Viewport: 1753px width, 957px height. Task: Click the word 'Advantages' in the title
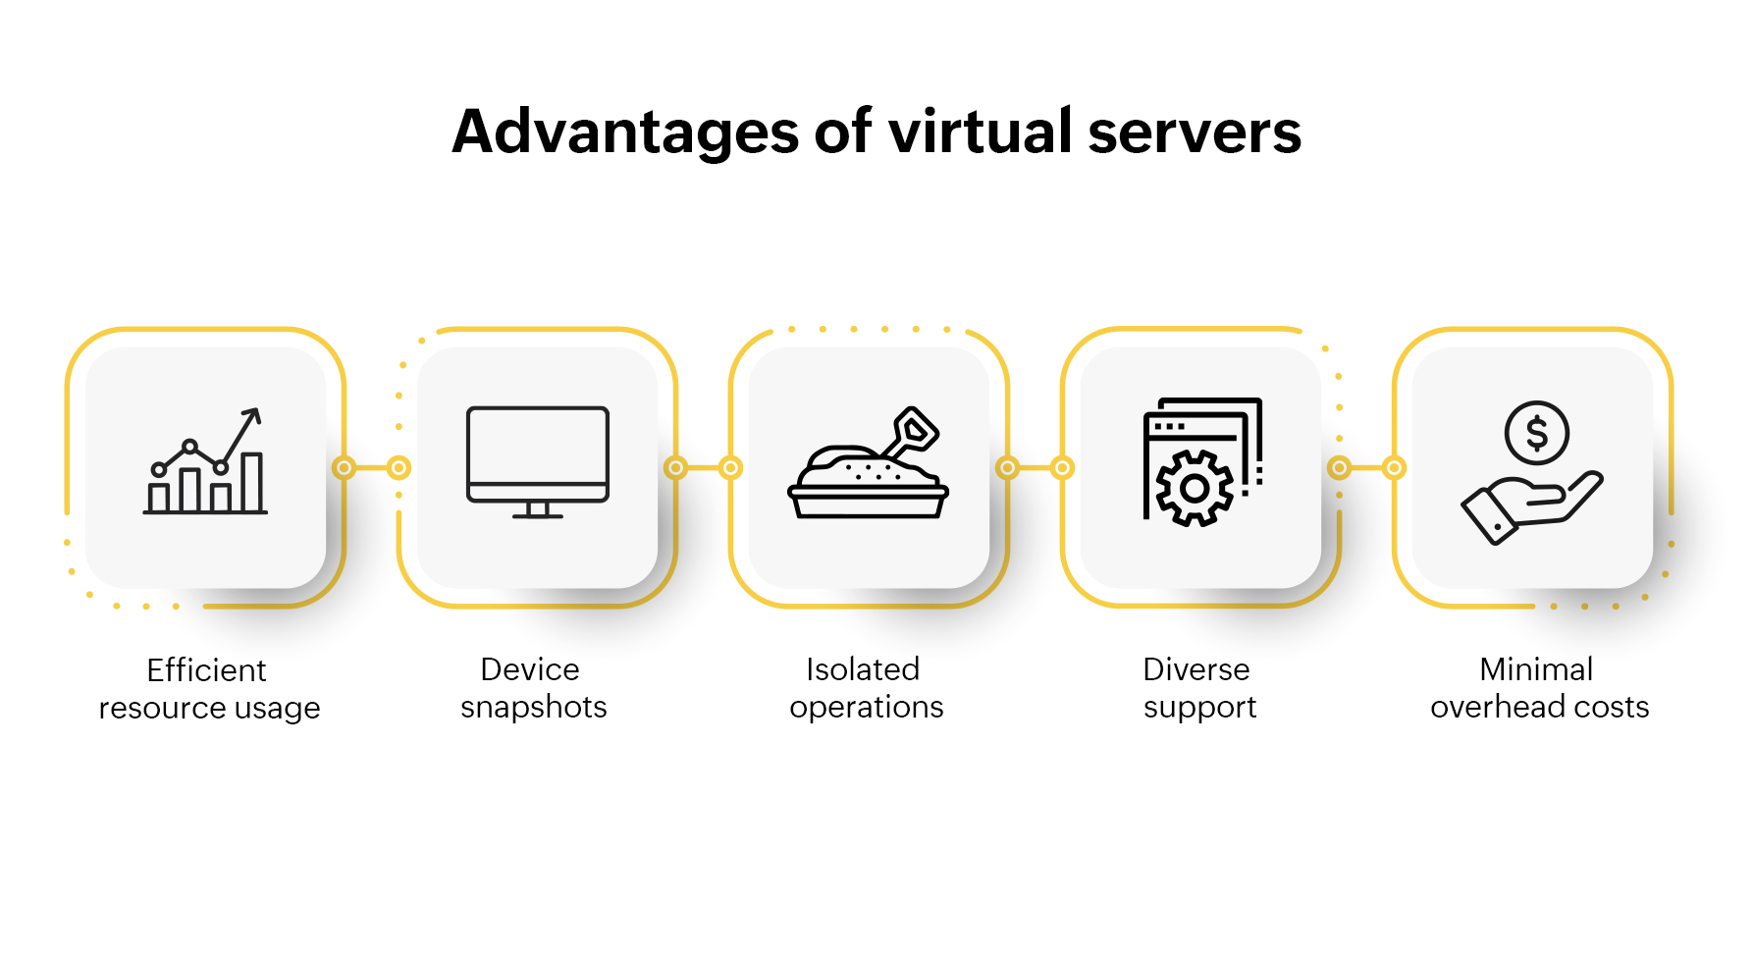click(625, 132)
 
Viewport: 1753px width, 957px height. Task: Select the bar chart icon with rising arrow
click(205, 462)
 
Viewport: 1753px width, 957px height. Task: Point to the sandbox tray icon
click(868, 491)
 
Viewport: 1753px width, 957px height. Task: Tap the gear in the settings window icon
click(1194, 488)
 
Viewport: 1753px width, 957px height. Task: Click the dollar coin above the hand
click(1536, 433)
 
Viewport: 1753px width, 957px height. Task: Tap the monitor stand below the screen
click(537, 509)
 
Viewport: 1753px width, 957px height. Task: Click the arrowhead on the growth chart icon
click(252, 415)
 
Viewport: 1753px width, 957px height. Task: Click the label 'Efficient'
click(206, 670)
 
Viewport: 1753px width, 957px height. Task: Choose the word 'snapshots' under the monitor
click(534, 707)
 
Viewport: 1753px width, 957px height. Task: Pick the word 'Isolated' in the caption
click(863, 669)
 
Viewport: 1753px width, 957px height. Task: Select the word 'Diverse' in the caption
click(1196, 669)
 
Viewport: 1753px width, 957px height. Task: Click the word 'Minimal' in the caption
click(1536, 669)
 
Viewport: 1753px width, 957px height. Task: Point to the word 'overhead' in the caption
click(1497, 707)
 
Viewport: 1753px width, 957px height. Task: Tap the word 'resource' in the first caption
click(157, 708)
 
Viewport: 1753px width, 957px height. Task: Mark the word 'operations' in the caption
click(867, 708)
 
